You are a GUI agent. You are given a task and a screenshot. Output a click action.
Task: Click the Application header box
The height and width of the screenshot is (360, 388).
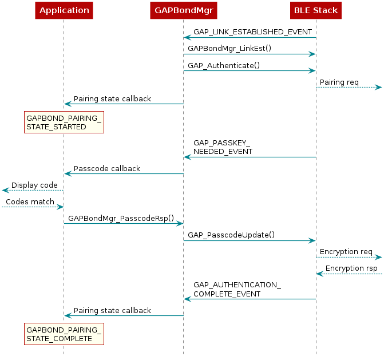click(64, 10)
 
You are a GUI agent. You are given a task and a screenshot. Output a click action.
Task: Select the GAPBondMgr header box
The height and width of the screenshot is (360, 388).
click(183, 10)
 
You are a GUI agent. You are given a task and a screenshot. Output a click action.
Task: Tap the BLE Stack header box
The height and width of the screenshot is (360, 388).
click(316, 10)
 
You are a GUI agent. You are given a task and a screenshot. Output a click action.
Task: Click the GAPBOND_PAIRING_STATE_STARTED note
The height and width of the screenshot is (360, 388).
click(64, 122)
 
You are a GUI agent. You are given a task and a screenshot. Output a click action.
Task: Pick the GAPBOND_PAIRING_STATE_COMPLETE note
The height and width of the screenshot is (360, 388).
click(64, 334)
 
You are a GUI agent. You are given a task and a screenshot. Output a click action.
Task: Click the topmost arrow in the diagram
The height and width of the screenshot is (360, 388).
click(250, 38)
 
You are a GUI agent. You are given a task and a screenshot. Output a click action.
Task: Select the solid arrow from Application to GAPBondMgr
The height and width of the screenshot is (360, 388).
click(123, 223)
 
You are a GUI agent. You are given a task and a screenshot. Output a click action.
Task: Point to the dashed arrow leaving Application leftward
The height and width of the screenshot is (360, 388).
click(33, 190)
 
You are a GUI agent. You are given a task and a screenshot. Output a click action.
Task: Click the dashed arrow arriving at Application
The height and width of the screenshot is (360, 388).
click(33, 207)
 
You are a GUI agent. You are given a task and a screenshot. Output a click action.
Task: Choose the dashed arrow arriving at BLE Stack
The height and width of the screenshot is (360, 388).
click(349, 274)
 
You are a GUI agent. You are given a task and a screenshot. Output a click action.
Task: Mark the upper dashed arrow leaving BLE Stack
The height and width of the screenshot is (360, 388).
click(349, 87)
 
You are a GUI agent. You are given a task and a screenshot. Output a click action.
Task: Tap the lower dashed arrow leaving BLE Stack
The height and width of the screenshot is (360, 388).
click(349, 258)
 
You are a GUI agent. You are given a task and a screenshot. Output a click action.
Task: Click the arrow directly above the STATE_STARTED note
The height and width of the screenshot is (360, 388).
click(124, 104)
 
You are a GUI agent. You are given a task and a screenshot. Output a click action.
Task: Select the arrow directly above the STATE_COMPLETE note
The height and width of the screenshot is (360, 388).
click(124, 315)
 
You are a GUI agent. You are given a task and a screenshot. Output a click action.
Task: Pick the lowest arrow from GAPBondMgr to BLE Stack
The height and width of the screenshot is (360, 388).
click(250, 240)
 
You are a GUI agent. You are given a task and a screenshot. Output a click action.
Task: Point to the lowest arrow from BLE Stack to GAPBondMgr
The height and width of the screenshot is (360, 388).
click(250, 299)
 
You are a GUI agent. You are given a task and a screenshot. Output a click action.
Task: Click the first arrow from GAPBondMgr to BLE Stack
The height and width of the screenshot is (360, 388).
click(250, 54)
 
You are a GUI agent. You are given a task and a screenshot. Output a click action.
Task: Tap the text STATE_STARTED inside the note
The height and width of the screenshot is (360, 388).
click(56, 126)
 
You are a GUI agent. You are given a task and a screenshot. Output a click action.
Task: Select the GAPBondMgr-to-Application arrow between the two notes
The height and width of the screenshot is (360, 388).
click(124, 173)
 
